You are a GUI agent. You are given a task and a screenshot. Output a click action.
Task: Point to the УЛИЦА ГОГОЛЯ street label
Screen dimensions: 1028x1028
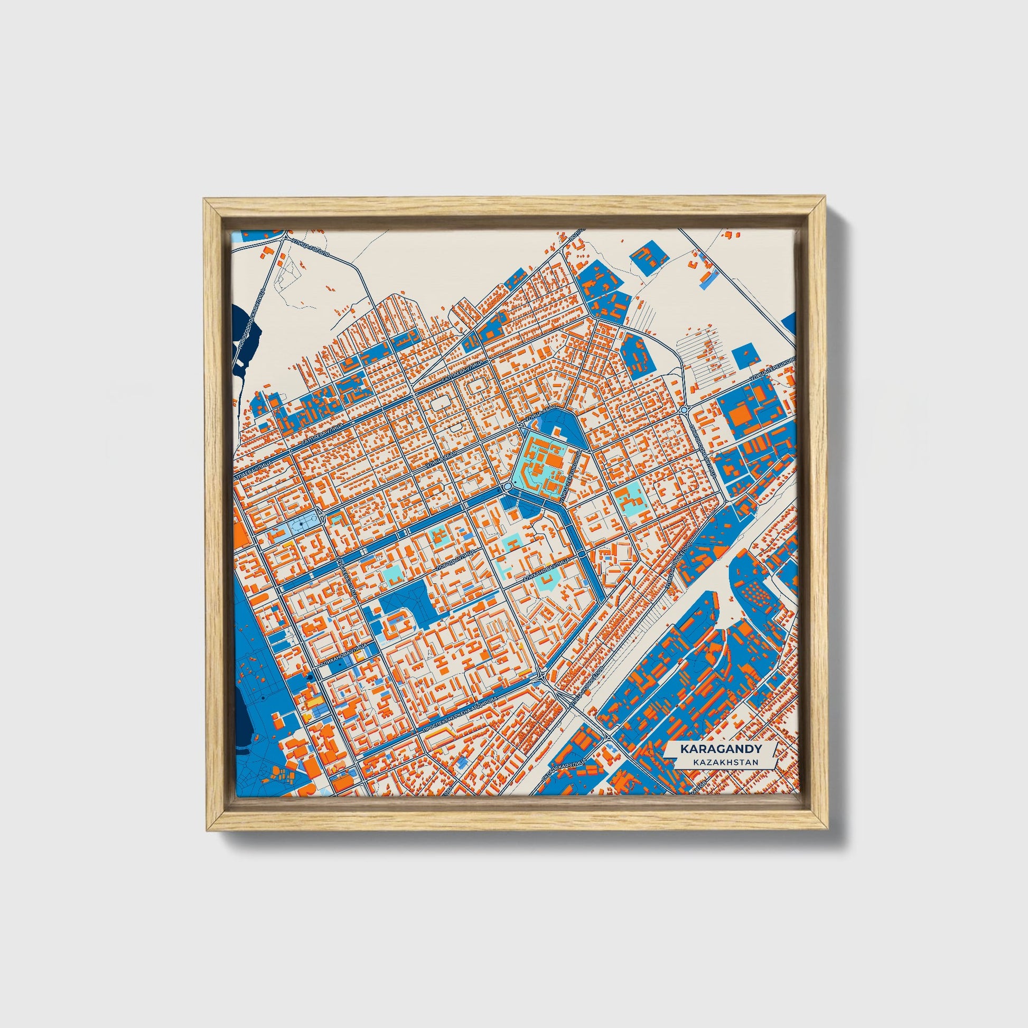311,248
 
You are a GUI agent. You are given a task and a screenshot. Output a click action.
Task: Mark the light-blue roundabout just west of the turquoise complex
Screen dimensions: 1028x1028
508,486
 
